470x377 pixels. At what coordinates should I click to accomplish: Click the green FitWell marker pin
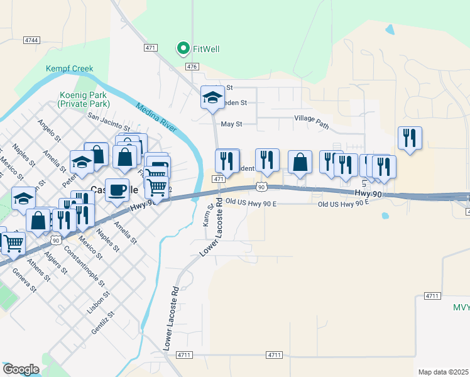click(x=183, y=48)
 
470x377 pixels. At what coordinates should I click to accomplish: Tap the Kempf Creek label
click(x=69, y=68)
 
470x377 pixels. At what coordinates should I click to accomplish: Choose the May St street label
click(x=231, y=124)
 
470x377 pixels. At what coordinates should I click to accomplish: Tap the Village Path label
click(x=311, y=122)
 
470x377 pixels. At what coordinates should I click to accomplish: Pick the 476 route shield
click(x=192, y=66)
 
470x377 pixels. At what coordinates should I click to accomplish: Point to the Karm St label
click(x=208, y=216)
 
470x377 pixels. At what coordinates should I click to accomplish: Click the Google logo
click(x=21, y=369)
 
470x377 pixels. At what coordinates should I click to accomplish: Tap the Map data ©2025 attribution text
click(x=443, y=372)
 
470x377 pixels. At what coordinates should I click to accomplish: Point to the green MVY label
click(x=461, y=307)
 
